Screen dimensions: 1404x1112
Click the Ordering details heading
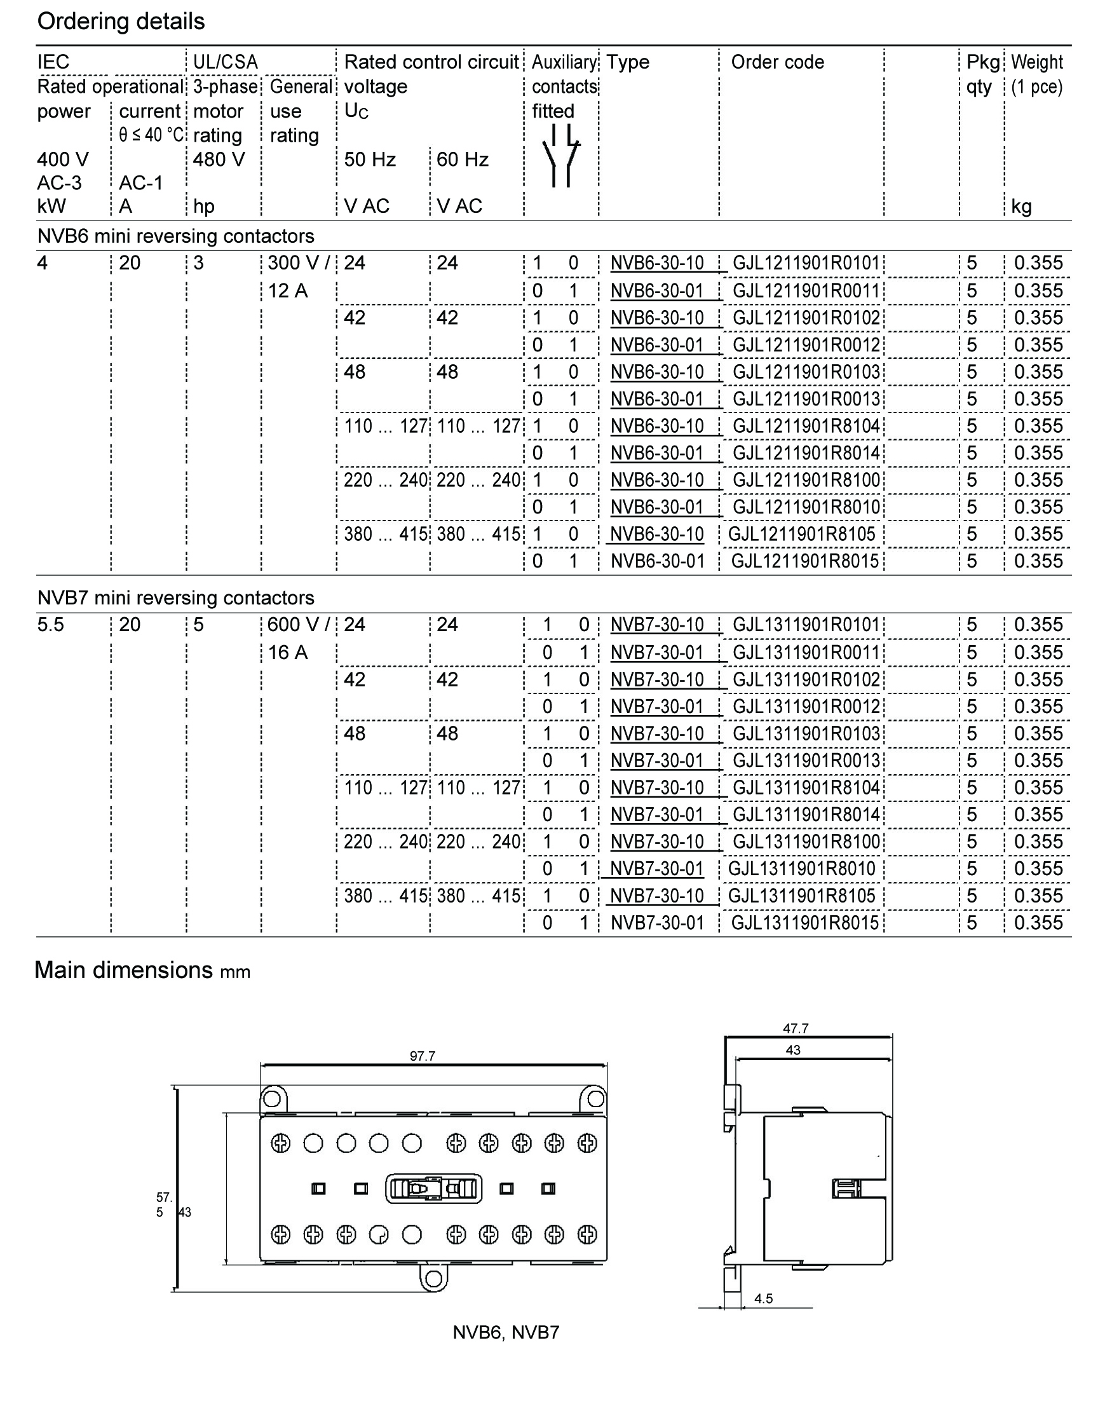[121, 22]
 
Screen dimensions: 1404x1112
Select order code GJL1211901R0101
[806, 263]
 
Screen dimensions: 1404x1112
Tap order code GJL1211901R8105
[801, 534]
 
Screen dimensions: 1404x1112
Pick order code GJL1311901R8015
[804, 923]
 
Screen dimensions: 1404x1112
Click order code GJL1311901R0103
[806, 733]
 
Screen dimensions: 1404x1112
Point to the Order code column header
[777, 62]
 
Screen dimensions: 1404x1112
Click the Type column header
[628, 62]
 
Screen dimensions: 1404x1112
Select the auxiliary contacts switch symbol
[560, 156]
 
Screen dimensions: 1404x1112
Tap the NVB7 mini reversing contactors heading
[176, 597]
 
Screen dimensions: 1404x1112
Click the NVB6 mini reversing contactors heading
[176, 236]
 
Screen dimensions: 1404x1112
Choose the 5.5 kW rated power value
[51, 625]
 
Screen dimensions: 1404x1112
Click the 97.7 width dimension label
[423, 1056]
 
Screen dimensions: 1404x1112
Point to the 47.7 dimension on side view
[796, 1028]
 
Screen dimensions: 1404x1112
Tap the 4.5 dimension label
[763, 1298]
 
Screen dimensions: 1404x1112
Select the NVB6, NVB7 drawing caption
[506, 1332]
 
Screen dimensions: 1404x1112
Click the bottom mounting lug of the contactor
[433, 1278]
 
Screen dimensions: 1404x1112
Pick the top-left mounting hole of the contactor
[272, 1099]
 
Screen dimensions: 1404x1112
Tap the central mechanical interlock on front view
[433, 1189]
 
